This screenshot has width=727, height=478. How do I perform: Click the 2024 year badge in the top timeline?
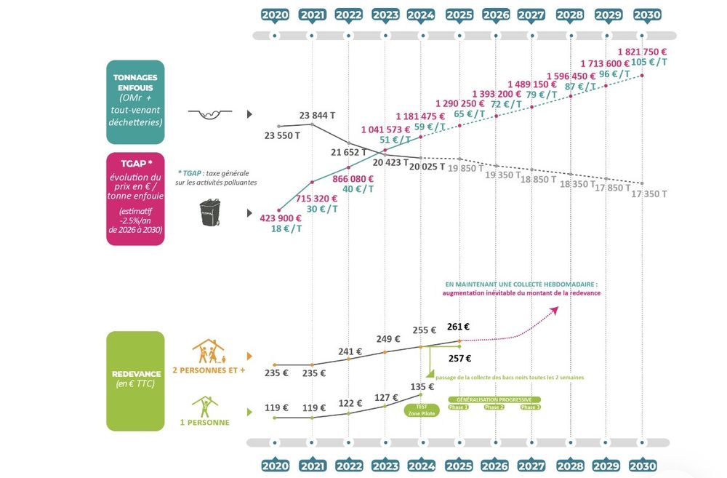coord(422,15)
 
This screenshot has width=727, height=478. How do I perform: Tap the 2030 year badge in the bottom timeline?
coord(642,465)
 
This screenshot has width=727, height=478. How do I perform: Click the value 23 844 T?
coord(316,116)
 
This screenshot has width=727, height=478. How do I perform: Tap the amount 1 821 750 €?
coord(642,52)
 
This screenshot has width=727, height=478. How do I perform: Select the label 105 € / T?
coord(648,63)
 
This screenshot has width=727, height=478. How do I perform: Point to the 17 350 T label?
coord(648,194)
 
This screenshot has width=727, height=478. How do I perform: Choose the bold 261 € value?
coord(458,327)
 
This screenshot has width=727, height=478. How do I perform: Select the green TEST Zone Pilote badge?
coord(422,410)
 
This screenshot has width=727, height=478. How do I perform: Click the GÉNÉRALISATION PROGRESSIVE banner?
coord(494,399)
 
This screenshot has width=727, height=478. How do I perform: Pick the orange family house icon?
coord(210,352)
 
